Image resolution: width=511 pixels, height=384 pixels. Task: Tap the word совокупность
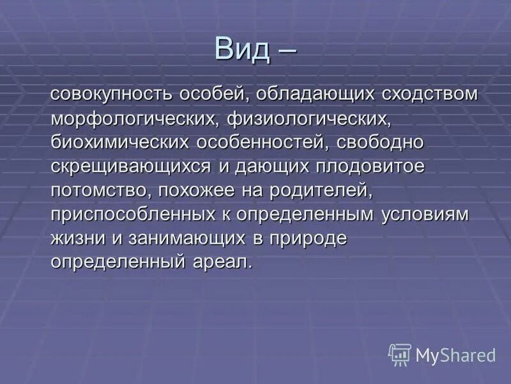coord(103,94)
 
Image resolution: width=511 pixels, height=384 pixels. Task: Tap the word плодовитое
coord(370,166)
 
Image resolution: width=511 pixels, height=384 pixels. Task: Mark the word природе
coord(310,238)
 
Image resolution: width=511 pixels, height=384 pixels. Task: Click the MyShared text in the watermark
coord(455,355)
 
